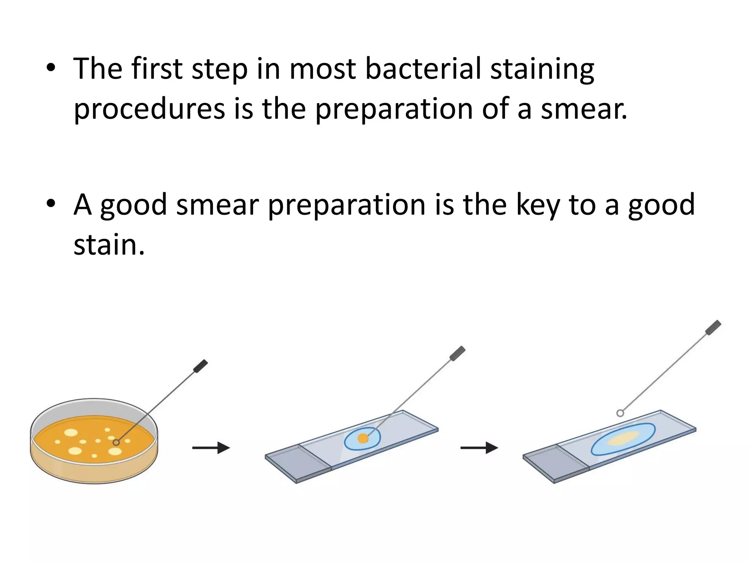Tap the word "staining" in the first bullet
click(x=542, y=70)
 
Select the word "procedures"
click(x=149, y=109)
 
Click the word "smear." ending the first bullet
click(x=584, y=109)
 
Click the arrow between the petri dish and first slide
click(x=211, y=447)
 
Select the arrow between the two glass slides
click(x=479, y=447)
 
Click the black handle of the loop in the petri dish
click(x=200, y=366)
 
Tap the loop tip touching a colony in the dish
click(x=116, y=443)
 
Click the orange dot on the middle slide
click(x=363, y=438)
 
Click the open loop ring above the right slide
click(x=620, y=413)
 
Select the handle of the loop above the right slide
click(x=713, y=327)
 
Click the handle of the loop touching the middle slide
click(x=458, y=353)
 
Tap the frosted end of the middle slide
click(x=298, y=463)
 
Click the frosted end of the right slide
click(x=556, y=463)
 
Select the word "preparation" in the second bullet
click(x=347, y=205)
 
